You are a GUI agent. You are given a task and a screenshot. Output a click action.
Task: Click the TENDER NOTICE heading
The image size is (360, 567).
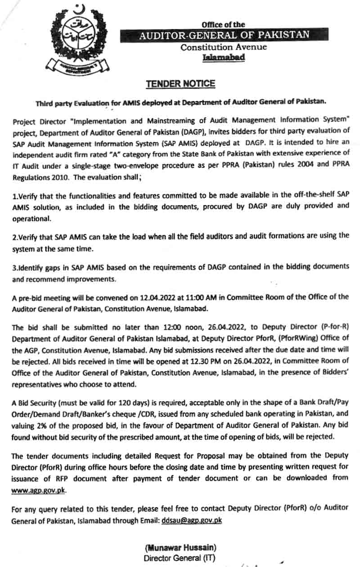(180, 84)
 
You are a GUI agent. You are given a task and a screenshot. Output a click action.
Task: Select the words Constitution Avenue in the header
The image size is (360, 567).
(224, 47)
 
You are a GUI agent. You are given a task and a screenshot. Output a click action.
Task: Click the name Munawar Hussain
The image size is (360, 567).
(180, 548)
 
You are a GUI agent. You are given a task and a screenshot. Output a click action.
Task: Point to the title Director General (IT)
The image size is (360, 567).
(180, 558)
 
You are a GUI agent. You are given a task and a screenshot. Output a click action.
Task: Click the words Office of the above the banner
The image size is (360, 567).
(224, 25)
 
